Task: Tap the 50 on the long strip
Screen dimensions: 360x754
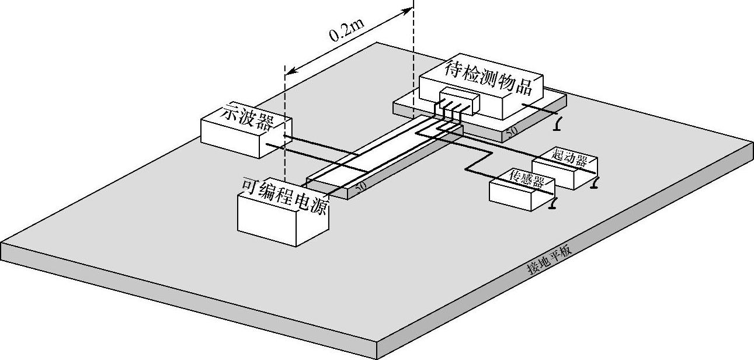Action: (x=360, y=186)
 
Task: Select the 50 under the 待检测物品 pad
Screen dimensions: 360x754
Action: (x=511, y=132)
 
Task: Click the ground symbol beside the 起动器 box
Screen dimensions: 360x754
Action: (x=595, y=185)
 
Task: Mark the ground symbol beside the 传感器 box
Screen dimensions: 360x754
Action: (x=553, y=203)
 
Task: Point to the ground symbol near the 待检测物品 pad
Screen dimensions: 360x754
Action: (x=559, y=124)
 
